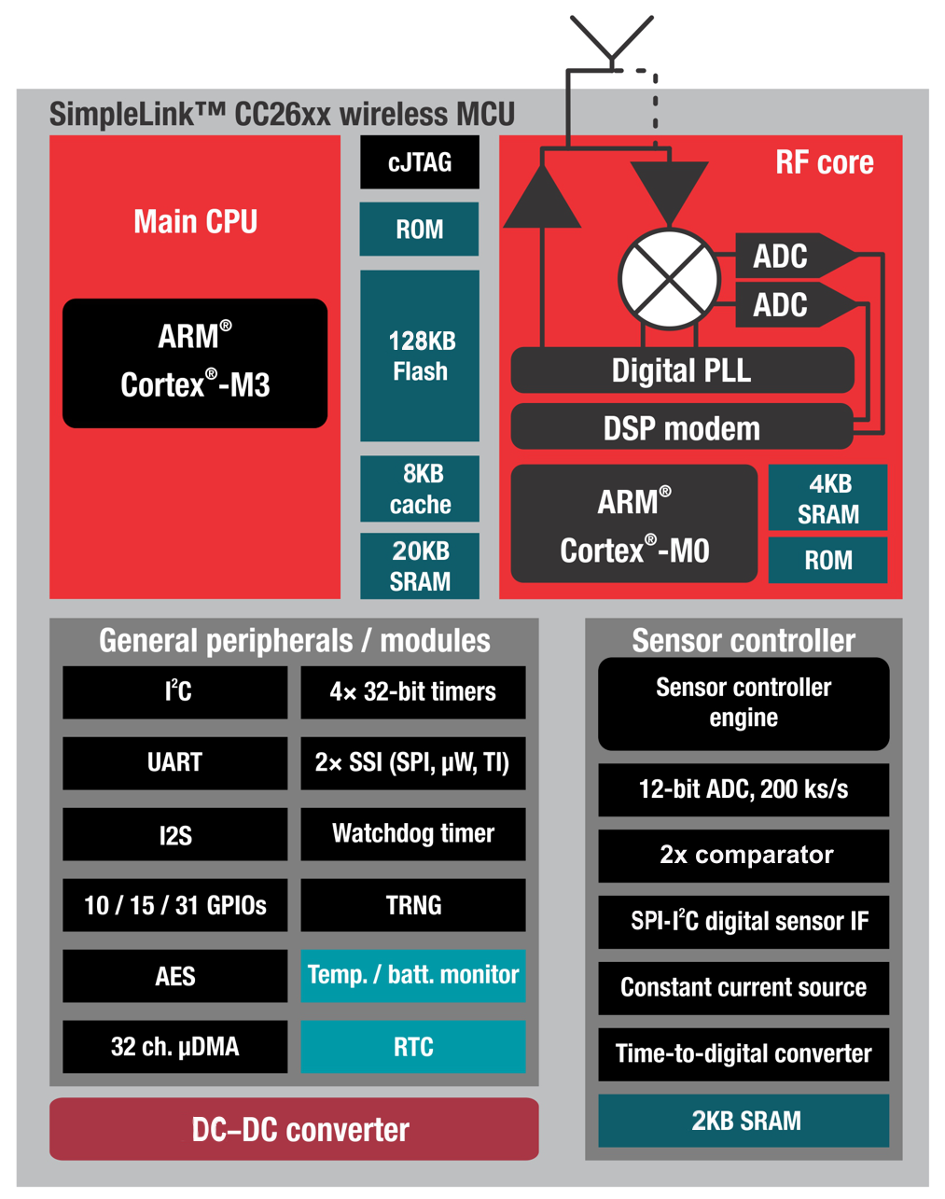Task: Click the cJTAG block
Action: click(x=420, y=162)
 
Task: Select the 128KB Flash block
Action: click(x=420, y=356)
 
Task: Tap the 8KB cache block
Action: click(x=420, y=489)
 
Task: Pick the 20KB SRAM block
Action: click(x=420, y=566)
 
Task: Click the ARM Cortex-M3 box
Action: click(x=195, y=363)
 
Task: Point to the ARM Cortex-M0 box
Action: click(x=634, y=524)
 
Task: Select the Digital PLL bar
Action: click(x=682, y=370)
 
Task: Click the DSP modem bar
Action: click(x=682, y=428)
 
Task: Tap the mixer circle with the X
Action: click(x=669, y=278)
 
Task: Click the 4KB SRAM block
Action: click(x=827, y=498)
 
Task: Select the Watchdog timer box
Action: click(x=413, y=833)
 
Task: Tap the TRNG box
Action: click(x=413, y=905)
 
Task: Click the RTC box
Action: click(x=413, y=1047)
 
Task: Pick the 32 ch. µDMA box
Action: click(x=175, y=1047)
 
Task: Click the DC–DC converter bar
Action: click(x=295, y=1129)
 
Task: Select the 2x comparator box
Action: click(x=743, y=856)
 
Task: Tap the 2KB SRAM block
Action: click(x=743, y=1121)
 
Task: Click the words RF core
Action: click(x=825, y=162)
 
